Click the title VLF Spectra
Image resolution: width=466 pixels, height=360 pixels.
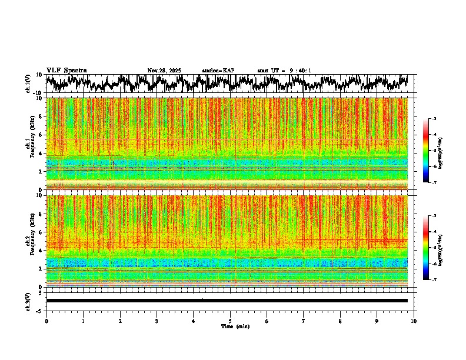coord(66,71)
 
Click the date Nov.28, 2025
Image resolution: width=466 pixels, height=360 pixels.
coord(164,71)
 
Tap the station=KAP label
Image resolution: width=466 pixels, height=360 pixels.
coord(218,71)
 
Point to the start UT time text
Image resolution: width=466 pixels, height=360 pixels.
coord(284,71)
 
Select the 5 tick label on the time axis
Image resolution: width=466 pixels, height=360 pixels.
coord(230,321)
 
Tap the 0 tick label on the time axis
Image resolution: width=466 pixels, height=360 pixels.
coord(46,321)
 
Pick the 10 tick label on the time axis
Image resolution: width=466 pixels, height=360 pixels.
coord(414,321)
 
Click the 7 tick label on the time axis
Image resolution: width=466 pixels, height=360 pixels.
coord(304,321)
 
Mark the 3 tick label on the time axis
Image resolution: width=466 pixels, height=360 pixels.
coord(157,321)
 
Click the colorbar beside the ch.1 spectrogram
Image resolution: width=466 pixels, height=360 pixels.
coord(426,151)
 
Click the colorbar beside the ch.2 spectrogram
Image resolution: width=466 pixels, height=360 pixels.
coord(426,248)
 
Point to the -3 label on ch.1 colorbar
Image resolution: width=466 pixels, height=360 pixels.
coord(434,119)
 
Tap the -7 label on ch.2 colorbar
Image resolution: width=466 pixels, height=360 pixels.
coord(434,279)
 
